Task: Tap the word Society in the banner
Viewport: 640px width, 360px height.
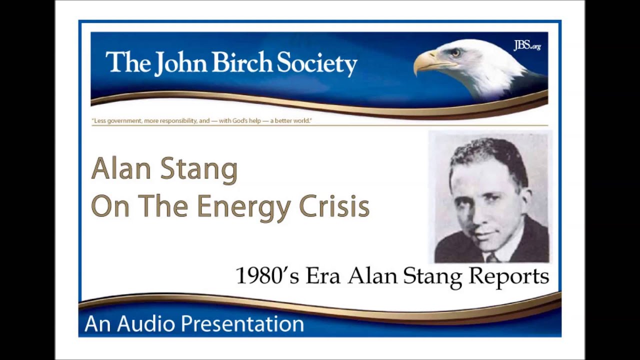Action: (x=317, y=64)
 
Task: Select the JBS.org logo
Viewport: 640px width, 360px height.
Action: (x=527, y=46)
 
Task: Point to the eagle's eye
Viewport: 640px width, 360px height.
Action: (x=455, y=52)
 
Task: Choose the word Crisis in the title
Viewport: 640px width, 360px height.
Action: (x=334, y=205)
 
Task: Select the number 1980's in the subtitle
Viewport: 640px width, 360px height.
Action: (x=267, y=276)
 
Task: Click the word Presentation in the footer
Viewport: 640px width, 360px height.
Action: (x=242, y=324)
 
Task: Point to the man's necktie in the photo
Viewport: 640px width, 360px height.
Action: (x=492, y=257)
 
